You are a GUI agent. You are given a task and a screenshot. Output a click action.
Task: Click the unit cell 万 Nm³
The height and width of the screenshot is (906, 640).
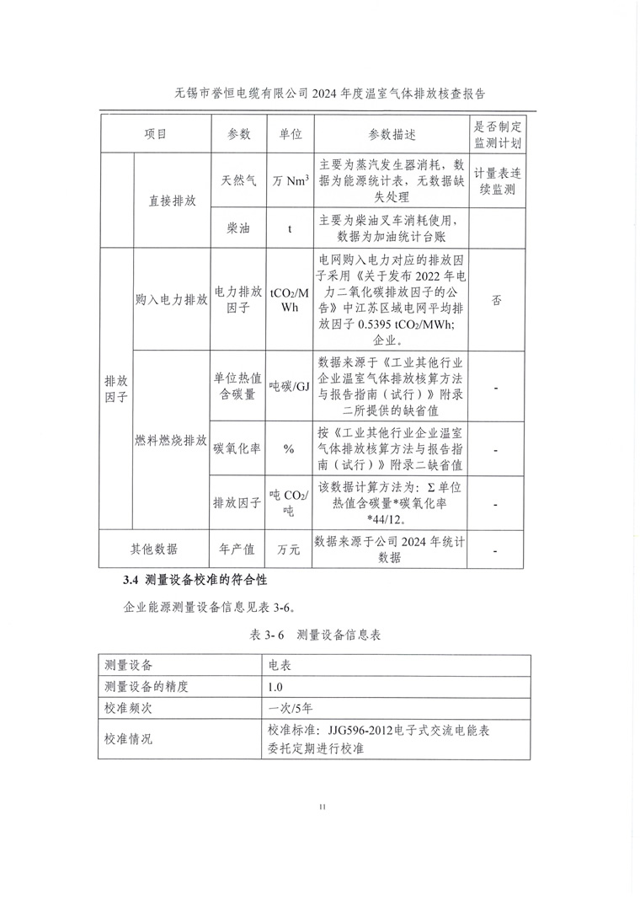pyautogui.click(x=290, y=180)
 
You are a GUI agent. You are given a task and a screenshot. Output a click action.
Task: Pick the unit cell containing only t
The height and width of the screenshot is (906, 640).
pyautogui.click(x=290, y=228)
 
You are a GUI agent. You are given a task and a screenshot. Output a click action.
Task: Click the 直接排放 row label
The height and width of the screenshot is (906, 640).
pyautogui.click(x=173, y=201)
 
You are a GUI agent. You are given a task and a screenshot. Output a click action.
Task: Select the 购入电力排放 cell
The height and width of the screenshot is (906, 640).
pyautogui.click(x=172, y=300)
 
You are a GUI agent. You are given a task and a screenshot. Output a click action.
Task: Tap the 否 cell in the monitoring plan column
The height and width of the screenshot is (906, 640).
pyautogui.click(x=498, y=300)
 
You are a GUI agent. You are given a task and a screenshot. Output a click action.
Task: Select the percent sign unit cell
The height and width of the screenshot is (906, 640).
pyautogui.click(x=290, y=448)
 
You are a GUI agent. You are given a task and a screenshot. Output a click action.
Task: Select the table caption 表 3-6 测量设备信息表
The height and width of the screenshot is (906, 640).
pyautogui.click(x=316, y=635)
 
